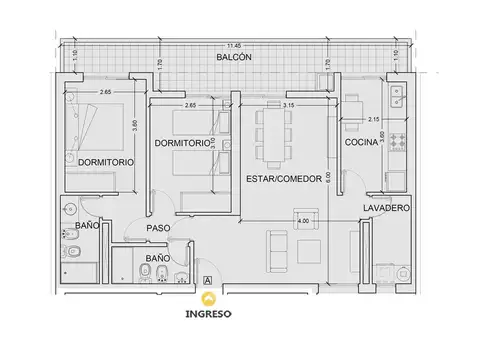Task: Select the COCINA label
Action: tap(360, 144)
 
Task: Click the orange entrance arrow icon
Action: tap(208, 297)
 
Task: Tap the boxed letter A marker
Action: tap(206, 281)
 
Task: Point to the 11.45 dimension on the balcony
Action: tap(233, 46)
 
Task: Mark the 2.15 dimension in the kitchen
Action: tap(373, 120)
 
